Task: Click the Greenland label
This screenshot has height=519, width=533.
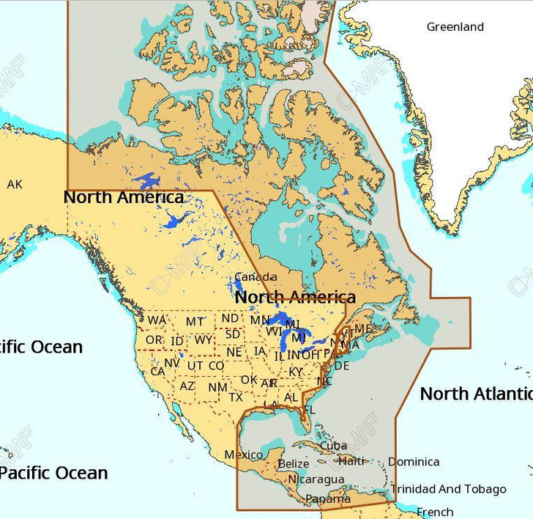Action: click(x=455, y=27)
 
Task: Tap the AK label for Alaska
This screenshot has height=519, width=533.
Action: click(x=15, y=185)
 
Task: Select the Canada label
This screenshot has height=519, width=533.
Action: click(x=256, y=277)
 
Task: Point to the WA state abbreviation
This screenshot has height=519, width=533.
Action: click(x=157, y=320)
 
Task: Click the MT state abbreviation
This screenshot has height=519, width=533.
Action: click(x=195, y=322)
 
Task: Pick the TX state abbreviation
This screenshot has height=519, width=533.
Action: click(x=236, y=397)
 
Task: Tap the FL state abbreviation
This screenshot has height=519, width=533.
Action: click(x=309, y=410)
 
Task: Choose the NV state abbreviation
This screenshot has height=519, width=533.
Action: click(x=172, y=363)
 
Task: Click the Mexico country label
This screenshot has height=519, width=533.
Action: click(x=243, y=455)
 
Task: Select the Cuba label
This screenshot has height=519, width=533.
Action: click(x=333, y=446)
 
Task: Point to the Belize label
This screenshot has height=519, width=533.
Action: click(x=293, y=464)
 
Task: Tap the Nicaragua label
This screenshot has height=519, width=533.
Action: click(x=316, y=479)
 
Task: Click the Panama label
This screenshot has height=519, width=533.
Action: click(x=323, y=499)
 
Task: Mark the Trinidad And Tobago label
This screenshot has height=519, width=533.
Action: click(x=447, y=489)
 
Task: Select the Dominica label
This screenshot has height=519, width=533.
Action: click(x=414, y=462)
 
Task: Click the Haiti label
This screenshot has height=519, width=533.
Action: click(x=351, y=461)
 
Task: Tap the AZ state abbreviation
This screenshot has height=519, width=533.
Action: click(x=187, y=386)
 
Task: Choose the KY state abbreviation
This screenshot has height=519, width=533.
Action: click(x=295, y=372)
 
